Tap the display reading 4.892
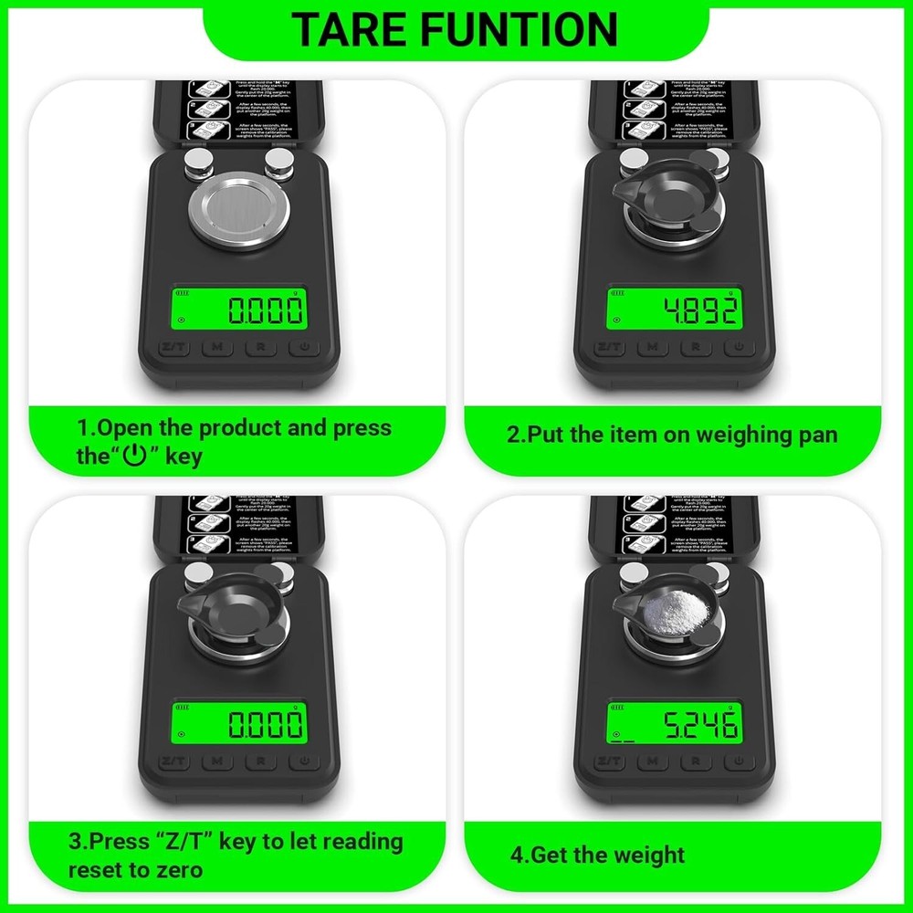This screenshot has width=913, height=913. [x=674, y=310]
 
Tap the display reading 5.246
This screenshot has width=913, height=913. [x=674, y=726]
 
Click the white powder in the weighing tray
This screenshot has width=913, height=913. [x=673, y=605]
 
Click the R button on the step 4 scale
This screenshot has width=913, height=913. [x=697, y=761]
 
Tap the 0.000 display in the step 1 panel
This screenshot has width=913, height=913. [x=239, y=310]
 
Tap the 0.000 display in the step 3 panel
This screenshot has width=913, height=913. [x=239, y=726]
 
